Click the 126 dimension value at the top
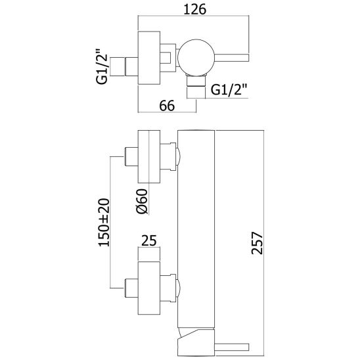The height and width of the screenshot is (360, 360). coord(195,10)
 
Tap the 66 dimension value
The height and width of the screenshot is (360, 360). coord(167,106)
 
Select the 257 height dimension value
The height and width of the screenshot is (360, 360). coord(257,243)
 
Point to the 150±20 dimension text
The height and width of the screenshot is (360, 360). coord(104,223)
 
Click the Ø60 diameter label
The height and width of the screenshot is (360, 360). coord(141,202)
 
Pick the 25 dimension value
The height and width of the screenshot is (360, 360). coord(148,240)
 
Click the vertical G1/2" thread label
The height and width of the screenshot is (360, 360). coord(101,66)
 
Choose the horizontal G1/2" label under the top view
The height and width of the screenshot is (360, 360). coord(229,90)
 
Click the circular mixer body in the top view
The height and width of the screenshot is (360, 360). coord(196,58)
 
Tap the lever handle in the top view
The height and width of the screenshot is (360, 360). coord(232,58)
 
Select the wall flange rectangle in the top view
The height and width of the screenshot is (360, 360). coord(148,58)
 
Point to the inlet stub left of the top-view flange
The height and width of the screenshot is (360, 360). coord(131,66)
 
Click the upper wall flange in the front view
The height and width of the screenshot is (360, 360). coord(148,157)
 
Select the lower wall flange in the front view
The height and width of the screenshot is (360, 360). coord(148,288)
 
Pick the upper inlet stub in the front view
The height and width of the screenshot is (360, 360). coord(131,157)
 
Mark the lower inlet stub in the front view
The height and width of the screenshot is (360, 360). coord(131,288)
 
